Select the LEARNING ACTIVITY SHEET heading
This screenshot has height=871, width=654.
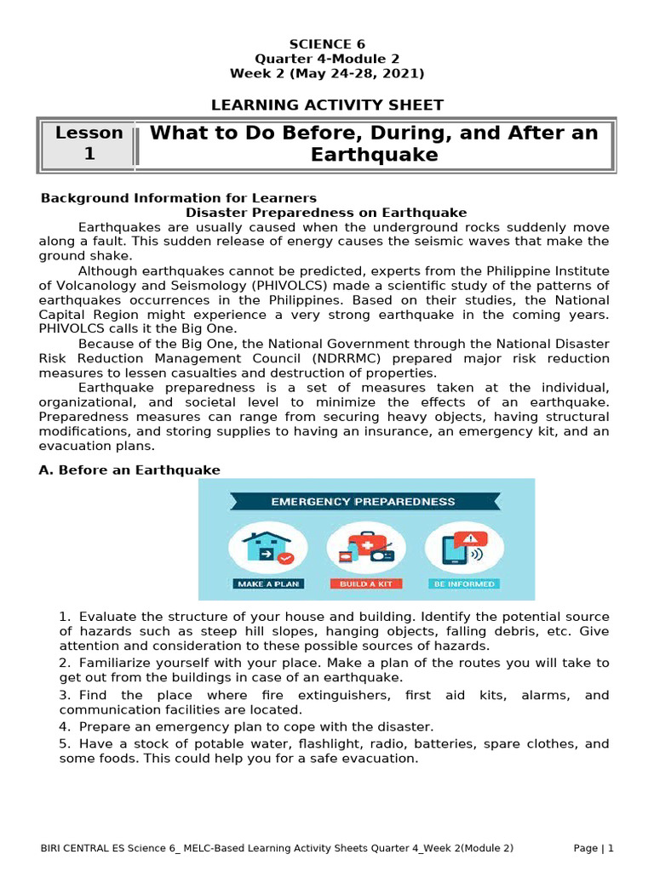tap(327, 105)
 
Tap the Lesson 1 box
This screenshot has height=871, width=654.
tap(89, 144)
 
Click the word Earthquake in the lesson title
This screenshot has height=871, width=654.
tap(374, 155)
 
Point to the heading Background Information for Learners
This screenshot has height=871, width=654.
tap(179, 198)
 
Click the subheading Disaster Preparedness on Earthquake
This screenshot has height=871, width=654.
tap(326, 213)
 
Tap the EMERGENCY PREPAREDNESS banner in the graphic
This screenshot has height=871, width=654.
tap(363, 501)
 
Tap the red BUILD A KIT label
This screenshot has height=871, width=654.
tap(366, 584)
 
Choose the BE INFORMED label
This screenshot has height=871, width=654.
tap(464, 584)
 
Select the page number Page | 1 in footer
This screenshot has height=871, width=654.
tap(593, 848)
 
